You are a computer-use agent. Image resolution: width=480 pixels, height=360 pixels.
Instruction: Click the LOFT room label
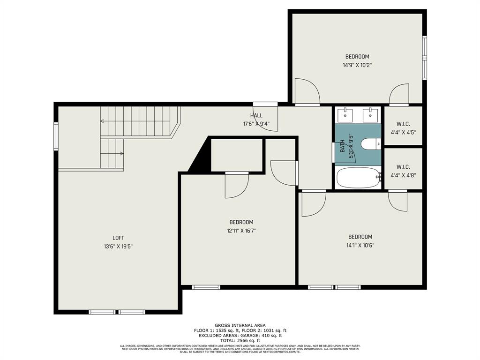118,238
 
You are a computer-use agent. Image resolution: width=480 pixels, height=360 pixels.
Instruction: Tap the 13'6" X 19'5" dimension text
118,246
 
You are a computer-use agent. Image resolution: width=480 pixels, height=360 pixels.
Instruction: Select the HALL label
256,115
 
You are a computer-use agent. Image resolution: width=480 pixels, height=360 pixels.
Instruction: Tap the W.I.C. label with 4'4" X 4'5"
403,124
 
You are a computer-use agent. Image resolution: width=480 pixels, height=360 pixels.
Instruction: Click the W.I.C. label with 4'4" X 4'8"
403,167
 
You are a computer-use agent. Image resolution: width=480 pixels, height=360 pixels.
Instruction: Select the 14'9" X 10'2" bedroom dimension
357,66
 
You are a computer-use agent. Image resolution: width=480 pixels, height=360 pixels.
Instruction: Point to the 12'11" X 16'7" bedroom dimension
241,230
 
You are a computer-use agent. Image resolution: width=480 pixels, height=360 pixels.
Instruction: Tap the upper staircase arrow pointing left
102,121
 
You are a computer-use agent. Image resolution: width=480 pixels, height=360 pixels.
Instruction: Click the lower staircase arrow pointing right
122,153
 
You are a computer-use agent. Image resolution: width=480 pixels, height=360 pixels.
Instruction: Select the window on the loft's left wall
56,136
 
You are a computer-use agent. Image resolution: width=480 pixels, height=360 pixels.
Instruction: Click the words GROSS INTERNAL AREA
240,325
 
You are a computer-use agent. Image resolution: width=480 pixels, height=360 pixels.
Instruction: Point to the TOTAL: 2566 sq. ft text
240,340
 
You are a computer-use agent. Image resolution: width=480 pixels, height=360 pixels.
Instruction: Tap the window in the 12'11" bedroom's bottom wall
206,287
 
